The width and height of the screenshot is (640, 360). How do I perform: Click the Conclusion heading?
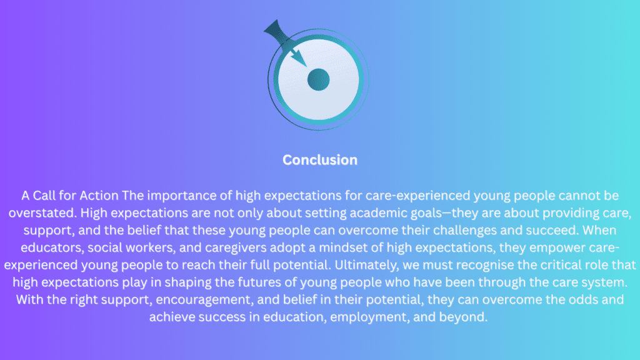coord(320,159)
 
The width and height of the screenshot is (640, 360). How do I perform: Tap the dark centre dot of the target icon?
coord(318,79)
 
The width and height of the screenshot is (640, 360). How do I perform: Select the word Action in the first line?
coord(99,196)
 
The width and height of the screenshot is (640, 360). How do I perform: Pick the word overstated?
coord(42,212)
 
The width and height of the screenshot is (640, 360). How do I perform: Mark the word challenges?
coord(465,231)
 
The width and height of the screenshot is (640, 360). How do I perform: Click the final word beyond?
coord(463,317)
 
